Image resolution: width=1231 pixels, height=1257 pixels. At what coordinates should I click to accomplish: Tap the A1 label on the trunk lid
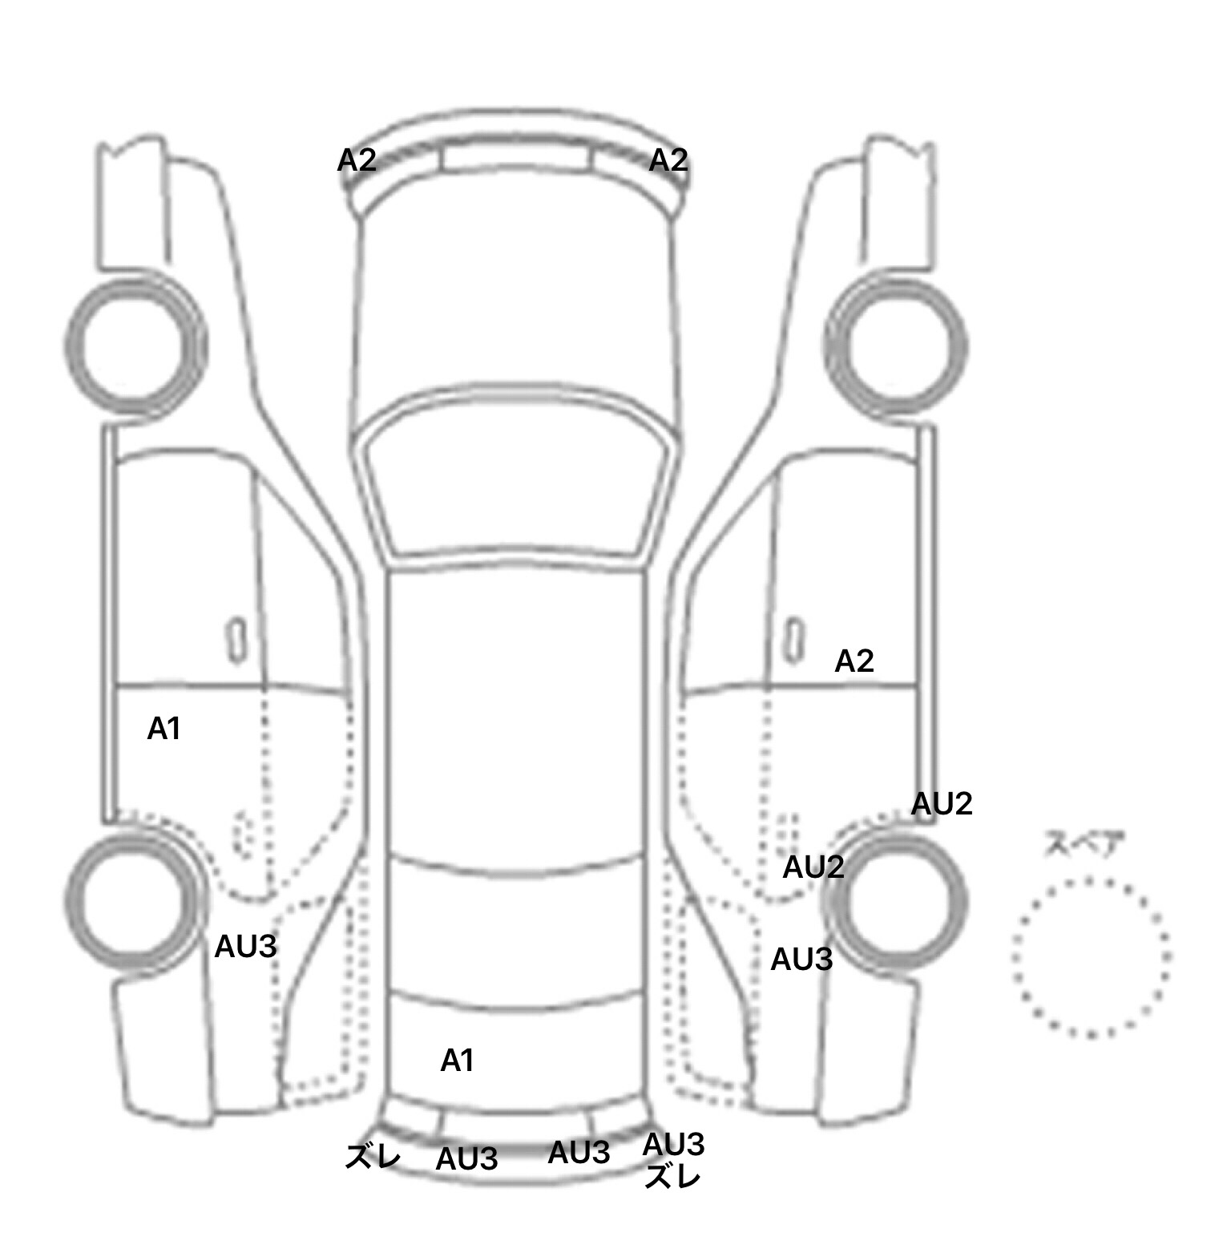pos(458,1061)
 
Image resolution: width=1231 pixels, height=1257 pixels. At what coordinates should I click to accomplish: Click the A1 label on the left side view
pos(164,729)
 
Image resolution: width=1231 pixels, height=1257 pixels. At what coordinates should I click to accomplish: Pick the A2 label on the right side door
pos(854,661)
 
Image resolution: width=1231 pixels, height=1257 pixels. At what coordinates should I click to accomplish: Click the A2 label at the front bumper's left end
pos(357,160)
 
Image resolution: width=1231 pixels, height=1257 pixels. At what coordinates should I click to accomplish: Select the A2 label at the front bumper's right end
pos(668,160)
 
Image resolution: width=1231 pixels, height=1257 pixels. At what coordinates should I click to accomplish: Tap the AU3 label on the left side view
pos(246,948)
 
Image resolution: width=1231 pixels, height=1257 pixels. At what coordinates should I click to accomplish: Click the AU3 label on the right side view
pos(802,959)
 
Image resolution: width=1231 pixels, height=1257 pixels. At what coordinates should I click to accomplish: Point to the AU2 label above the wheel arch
pos(942,804)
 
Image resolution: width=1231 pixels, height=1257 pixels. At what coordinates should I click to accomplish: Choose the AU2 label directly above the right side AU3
pos(813,867)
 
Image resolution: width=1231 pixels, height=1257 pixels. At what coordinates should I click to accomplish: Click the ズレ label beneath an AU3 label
pos(673,1178)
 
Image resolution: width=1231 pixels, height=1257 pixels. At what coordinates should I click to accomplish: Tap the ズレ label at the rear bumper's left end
pos(373,1157)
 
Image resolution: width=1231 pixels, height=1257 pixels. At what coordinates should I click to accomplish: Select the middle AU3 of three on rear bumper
pos(579,1153)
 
